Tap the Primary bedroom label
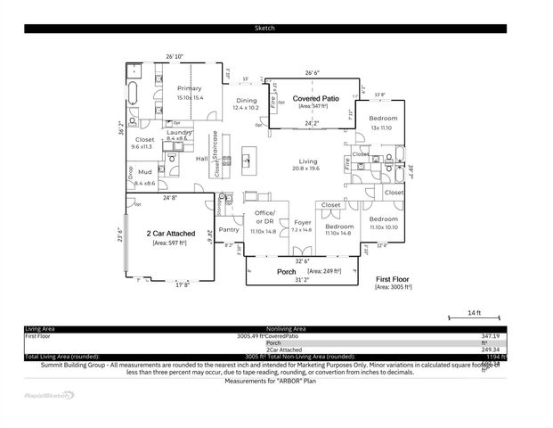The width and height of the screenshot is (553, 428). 189,88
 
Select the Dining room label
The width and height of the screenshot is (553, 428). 246,101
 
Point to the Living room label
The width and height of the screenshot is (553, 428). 307,161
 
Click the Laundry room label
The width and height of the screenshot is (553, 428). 177,132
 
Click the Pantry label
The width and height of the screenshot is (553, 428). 229,229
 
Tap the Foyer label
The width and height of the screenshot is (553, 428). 303,223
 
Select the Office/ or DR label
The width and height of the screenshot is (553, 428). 264,217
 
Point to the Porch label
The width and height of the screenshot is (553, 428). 287,271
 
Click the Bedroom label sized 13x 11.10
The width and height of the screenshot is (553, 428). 383,119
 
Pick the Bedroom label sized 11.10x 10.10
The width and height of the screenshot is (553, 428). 383,218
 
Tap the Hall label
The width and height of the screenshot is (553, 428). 201,159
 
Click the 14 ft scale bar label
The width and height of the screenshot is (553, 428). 474,312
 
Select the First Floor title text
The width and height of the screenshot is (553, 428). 393,279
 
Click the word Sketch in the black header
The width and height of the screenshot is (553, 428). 265,29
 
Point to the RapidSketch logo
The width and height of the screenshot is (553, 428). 49,393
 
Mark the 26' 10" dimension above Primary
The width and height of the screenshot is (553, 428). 175,57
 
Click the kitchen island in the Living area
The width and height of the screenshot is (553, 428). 247,162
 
